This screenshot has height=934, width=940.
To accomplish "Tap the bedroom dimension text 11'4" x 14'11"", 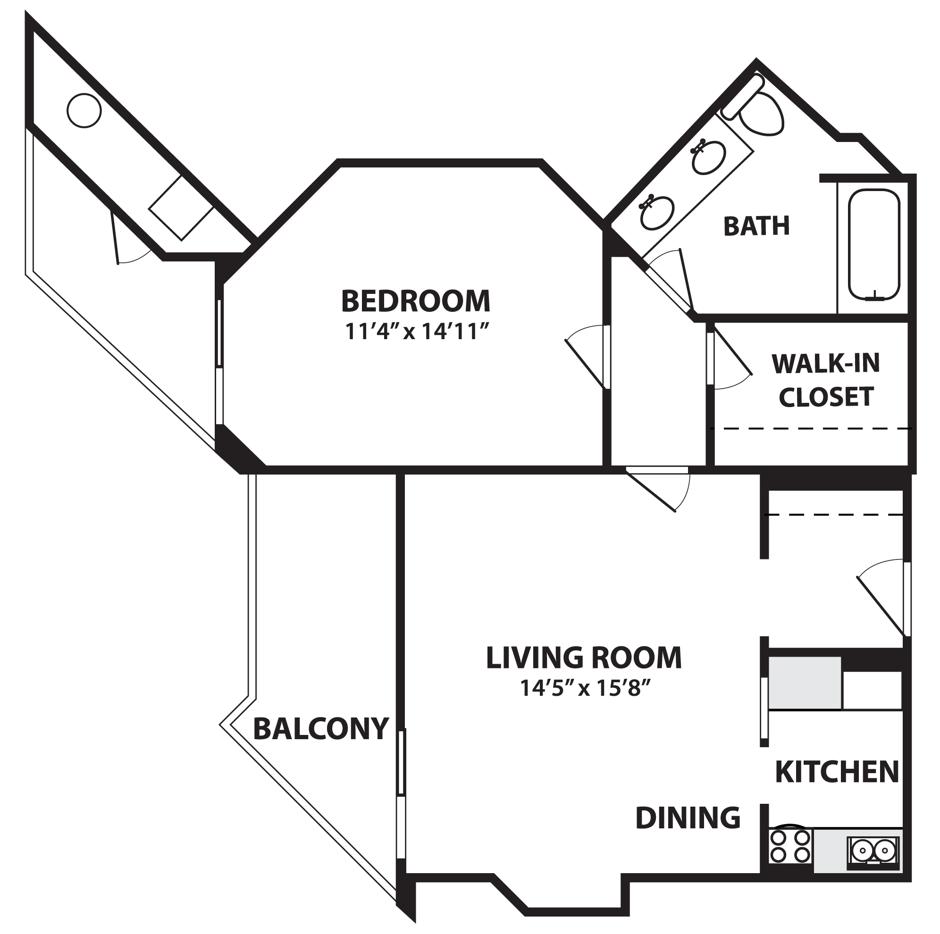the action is [x=417, y=332].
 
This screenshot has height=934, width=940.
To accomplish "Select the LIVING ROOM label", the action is [x=584, y=658].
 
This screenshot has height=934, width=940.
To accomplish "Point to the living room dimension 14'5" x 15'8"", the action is [x=585, y=688].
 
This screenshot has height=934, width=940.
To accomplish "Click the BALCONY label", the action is [x=321, y=729].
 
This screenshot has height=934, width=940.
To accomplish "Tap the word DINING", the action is [x=688, y=818].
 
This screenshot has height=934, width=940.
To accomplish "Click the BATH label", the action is [x=756, y=226].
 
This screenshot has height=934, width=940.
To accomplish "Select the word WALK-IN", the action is [x=826, y=364].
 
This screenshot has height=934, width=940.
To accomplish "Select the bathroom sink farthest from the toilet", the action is [x=657, y=212].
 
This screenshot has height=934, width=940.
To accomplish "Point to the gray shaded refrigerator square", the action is [x=804, y=683].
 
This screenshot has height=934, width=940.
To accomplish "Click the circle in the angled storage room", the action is [x=84, y=110].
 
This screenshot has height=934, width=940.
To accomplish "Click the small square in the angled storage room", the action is [x=182, y=208].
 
